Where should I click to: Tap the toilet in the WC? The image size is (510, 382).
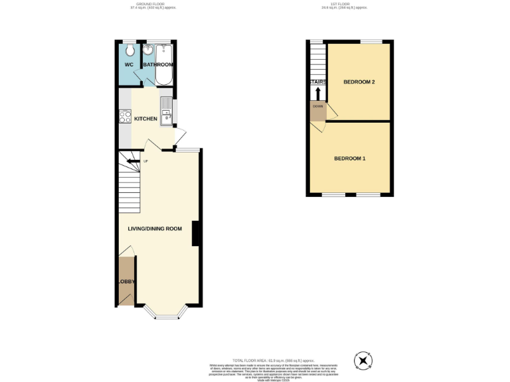coord(129,50)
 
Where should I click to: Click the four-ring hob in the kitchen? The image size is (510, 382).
coord(124,117)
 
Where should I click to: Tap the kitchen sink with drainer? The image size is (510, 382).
coord(165,109)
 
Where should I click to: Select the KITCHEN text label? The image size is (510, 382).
coord(146,119)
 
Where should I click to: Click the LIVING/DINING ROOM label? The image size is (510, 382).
coord(155,229)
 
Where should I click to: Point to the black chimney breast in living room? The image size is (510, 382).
coord(196,233)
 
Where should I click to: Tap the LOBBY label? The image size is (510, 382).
coord(126,282)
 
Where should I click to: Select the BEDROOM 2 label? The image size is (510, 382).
coord(359,82)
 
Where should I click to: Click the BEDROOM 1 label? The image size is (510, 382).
coord(350,159)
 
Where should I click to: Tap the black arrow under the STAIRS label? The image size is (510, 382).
coord(317,92)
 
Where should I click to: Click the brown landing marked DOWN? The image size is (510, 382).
coord(317,111)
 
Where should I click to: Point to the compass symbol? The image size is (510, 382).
coord(363,360)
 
